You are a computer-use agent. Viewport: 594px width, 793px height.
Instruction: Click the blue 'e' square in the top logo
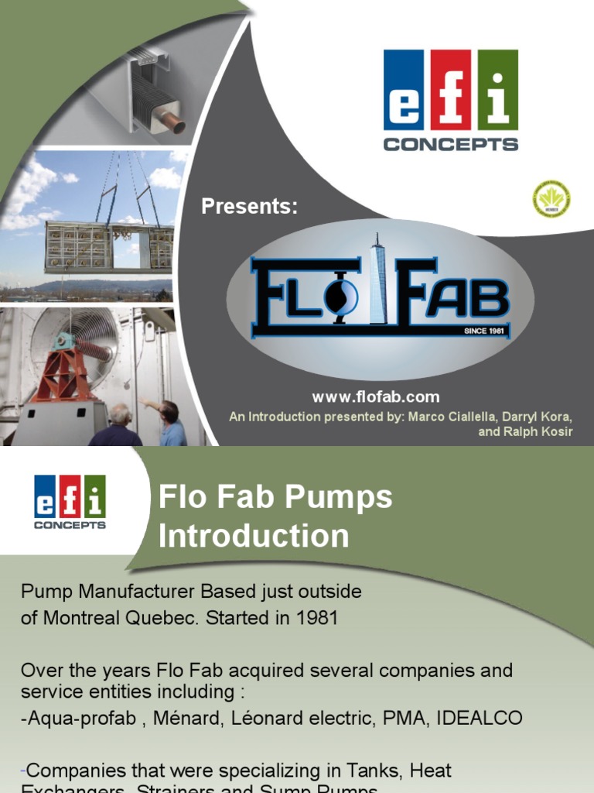click(403, 90)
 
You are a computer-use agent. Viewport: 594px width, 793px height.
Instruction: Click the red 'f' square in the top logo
click(451, 90)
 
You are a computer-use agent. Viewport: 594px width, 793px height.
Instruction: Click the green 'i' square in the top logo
click(497, 90)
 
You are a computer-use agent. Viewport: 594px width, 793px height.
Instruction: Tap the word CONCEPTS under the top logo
click(451, 144)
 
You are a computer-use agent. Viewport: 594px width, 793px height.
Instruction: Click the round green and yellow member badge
click(551, 199)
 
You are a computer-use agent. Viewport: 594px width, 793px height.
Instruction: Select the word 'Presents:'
click(249, 207)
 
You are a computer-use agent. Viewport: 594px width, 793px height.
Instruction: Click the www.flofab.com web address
click(376, 397)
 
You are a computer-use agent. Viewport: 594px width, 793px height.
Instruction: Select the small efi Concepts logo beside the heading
click(70, 502)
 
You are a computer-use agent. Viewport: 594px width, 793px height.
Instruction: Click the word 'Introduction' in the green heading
click(254, 536)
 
